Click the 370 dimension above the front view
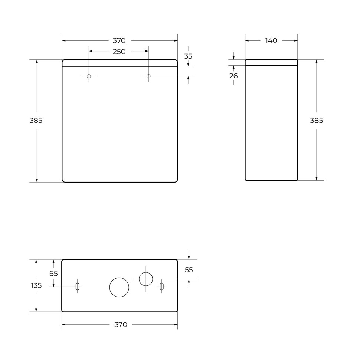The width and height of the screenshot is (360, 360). click(119, 40)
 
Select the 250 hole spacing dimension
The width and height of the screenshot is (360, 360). click(119, 52)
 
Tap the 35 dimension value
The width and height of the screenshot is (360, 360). click(188, 56)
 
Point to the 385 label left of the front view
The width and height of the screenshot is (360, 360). click(36, 121)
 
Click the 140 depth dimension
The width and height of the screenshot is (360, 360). click(271, 40)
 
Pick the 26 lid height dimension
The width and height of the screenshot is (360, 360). click(233, 76)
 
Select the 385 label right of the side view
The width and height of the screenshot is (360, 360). click(317, 121)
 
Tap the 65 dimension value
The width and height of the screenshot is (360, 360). click(53, 274)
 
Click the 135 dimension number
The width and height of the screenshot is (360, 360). click(36, 285)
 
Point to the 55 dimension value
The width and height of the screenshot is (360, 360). click(189, 270)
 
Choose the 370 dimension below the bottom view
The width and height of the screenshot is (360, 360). click(121, 325)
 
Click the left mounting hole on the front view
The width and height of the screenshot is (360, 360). click(89, 76)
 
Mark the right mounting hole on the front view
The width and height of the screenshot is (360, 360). click(148, 76)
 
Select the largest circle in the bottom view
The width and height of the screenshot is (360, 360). click(119, 287)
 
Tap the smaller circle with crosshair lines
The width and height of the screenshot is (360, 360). click(146, 279)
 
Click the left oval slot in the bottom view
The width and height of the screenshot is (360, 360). click(77, 287)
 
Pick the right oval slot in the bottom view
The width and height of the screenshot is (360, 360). click(161, 287)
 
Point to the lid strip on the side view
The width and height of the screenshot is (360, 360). click(271, 62)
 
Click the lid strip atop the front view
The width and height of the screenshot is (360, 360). click(120, 63)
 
